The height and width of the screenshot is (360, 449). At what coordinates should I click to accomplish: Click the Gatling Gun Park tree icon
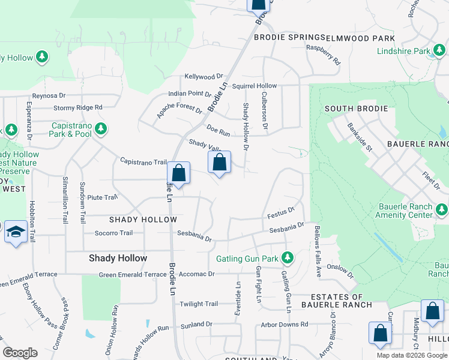(x=288, y=257)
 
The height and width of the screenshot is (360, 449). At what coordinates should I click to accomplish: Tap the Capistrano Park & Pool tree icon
(x=101, y=128)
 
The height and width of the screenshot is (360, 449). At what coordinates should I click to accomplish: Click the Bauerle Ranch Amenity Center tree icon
(x=442, y=209)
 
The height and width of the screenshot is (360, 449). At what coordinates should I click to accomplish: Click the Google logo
(x=20, y=353)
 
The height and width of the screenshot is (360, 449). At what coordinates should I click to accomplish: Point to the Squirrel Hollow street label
(x=255, y=86)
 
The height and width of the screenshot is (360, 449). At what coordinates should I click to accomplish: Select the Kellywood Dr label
(x=203, y=77)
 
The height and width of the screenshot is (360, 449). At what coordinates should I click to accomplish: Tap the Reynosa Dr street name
(x=49, y=95)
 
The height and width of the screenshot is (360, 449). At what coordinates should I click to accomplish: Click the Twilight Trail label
(x=199, y=304)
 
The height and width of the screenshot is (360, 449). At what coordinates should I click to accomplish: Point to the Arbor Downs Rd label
(x=285, y=325)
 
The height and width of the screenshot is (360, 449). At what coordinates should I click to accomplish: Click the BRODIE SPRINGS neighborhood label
(x=289, y=37)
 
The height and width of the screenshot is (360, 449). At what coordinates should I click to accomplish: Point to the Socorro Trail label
(x=113, y=233)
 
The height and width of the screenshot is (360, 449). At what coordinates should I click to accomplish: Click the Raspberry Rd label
(x=324, y=55)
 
